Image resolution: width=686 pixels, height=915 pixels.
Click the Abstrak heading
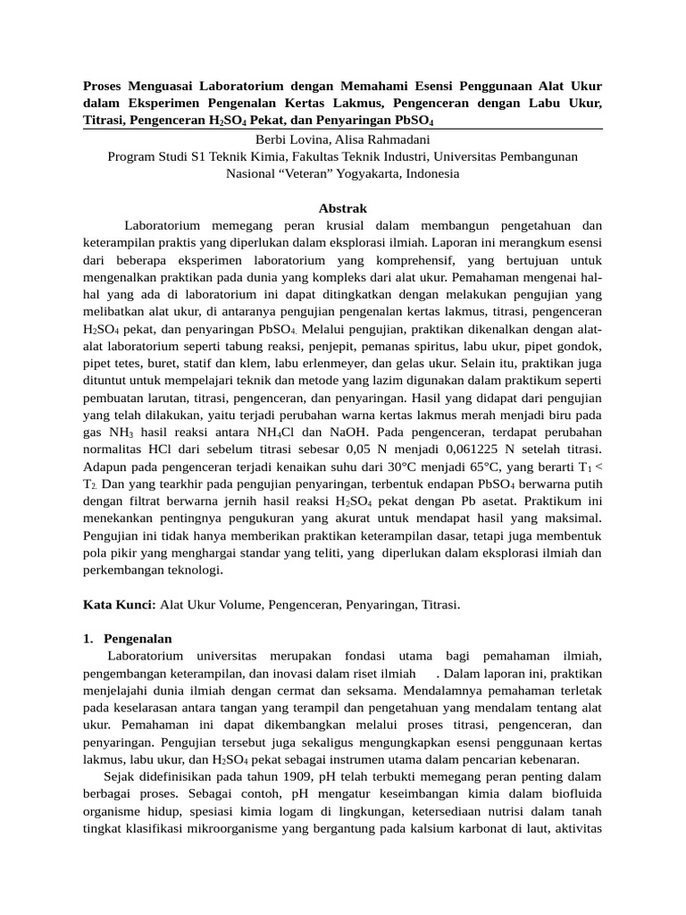[342, 208]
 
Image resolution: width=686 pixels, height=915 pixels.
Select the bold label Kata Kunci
[119, 605]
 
